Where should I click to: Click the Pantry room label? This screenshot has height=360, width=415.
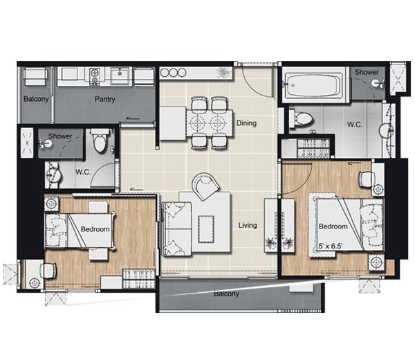pos(105,99)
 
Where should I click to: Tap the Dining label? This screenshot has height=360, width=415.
pos(246,123)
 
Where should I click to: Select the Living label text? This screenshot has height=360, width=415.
pos(248,226)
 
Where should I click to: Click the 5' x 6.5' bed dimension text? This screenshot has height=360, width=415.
pos(331,246)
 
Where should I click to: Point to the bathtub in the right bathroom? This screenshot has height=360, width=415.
pos(313,84)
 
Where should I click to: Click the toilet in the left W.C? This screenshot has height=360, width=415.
pos(100,140)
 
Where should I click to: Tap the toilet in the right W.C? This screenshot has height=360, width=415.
pos(301,118)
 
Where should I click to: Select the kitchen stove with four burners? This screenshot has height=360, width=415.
pos(94,76)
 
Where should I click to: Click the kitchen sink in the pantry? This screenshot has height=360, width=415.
pos(120,75)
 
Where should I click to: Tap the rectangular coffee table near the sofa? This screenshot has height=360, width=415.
pos(206,229)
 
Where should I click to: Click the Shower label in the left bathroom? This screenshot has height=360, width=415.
pos(60,136)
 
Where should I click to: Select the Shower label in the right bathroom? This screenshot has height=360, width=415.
pos(367,72)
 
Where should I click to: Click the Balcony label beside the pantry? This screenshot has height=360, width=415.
pos(36,99)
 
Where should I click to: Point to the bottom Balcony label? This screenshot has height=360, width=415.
pos(227,294)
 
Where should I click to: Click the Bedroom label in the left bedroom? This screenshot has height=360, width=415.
pos(95,229)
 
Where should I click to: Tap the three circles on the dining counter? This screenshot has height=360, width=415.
pos(174,73)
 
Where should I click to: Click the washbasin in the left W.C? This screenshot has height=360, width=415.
pos(53,175)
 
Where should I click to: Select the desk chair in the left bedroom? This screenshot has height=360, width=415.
pos(48,271)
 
